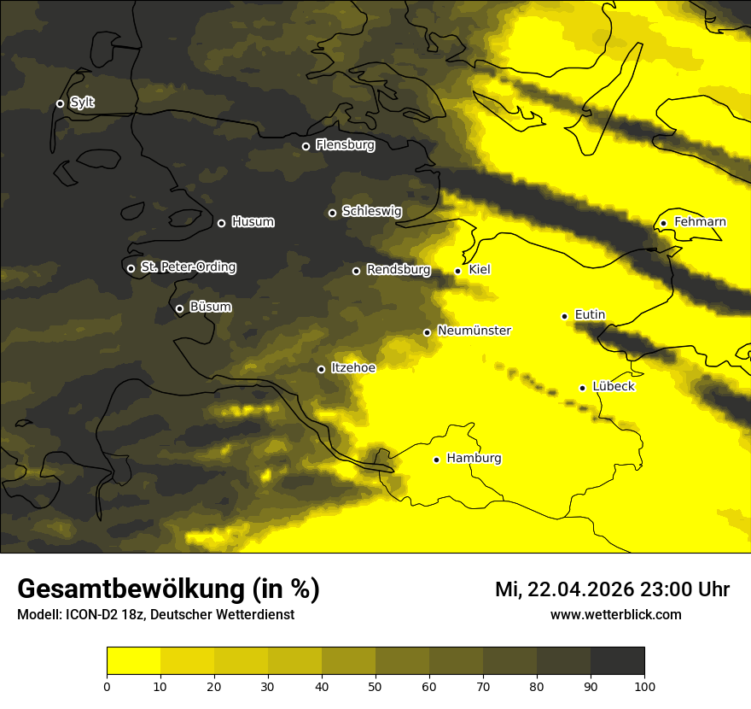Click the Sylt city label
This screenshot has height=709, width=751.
82,103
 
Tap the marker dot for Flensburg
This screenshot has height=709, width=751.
306,146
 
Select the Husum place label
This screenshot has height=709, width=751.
253,222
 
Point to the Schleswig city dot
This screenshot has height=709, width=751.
332,213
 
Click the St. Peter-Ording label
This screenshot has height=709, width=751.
188,267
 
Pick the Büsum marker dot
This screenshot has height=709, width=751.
179,309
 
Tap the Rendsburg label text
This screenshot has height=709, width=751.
399,270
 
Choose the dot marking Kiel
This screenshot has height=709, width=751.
457,271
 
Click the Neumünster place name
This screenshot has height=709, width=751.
474,331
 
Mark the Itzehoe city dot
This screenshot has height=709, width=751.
321,369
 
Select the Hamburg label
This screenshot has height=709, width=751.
474,459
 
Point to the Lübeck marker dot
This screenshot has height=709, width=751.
582,388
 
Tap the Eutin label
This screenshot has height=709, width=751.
590,315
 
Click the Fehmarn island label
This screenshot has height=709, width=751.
700,222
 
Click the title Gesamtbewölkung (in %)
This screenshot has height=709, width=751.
168,589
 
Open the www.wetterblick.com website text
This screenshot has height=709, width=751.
615,614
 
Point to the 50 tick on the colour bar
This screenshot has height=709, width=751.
375,685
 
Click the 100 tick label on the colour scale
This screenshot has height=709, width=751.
644,685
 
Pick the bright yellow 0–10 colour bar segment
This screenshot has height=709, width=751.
134,661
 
